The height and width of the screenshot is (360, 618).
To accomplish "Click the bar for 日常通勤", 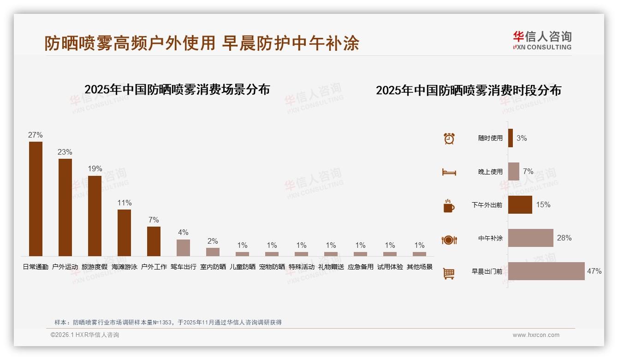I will [x=36, y=199].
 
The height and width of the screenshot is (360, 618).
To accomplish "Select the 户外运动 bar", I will [x=65, y=207].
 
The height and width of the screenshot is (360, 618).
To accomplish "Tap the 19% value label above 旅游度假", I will [x=95, y=169].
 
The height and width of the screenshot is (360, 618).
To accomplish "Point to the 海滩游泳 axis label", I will [x=124, y=267].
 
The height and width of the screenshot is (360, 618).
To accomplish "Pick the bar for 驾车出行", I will [x=183, y=247].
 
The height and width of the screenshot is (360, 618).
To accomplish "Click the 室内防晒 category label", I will [x=213, y=267].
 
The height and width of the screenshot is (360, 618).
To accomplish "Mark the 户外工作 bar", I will [x=154, y=241].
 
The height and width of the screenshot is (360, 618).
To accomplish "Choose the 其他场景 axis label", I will [x=419, y=267].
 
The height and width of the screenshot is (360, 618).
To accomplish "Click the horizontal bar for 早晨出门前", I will [x=546, y=271].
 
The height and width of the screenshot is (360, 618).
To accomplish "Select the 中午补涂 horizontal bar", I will [x=530, y=238].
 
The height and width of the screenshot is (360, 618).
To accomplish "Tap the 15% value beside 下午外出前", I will [x=543, y=204].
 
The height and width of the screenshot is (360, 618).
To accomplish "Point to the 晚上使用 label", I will [x=490, y=172].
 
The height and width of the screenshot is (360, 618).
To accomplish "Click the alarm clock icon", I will [x=449, y=138].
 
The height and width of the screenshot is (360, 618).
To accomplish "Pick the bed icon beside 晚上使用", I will [x=449, y=172].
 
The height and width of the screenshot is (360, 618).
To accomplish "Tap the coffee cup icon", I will [x=449, y=206].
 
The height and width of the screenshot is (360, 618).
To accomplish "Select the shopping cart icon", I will [x=449, y=273].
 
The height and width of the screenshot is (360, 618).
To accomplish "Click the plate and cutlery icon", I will [x=449, y=240].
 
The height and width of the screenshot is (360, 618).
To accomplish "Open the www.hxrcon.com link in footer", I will [x=536, y=335].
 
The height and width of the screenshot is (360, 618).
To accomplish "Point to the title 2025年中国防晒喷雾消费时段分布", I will [x=468, y=90].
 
